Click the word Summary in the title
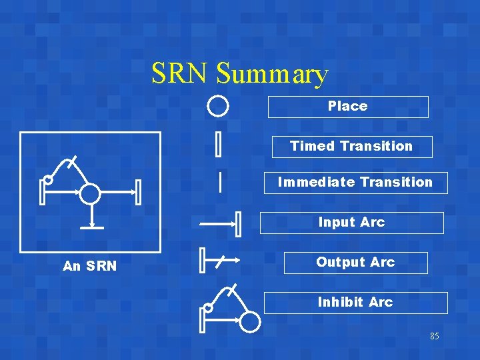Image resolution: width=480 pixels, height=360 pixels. tap(272, 75)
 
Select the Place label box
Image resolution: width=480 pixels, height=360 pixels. tap(348, 107)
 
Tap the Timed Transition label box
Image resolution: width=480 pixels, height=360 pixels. tap(352, 147)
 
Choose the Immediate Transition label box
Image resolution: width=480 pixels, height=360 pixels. tap(355, 183)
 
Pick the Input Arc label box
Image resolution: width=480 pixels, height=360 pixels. tap(351, 223)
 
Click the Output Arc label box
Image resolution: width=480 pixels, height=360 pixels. tap(355, 263)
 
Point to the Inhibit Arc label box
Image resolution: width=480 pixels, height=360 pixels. tap(355, 303)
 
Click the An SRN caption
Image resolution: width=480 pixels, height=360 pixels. tap(89, 267)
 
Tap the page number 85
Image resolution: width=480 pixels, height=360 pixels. tap(435, 337)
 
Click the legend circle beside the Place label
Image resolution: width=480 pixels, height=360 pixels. tap(218, 106)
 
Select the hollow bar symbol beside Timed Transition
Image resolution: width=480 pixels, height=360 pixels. tap(218, 144)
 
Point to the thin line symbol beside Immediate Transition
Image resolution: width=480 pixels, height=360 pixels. tap(220, 181)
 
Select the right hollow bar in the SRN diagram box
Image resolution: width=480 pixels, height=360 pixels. tap(138, 193)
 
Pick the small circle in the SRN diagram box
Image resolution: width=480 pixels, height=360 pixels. tap(48, 180)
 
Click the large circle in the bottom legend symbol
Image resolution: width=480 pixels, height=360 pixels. tap(250, 322)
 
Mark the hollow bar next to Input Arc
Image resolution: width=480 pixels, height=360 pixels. tap(239, 224)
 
